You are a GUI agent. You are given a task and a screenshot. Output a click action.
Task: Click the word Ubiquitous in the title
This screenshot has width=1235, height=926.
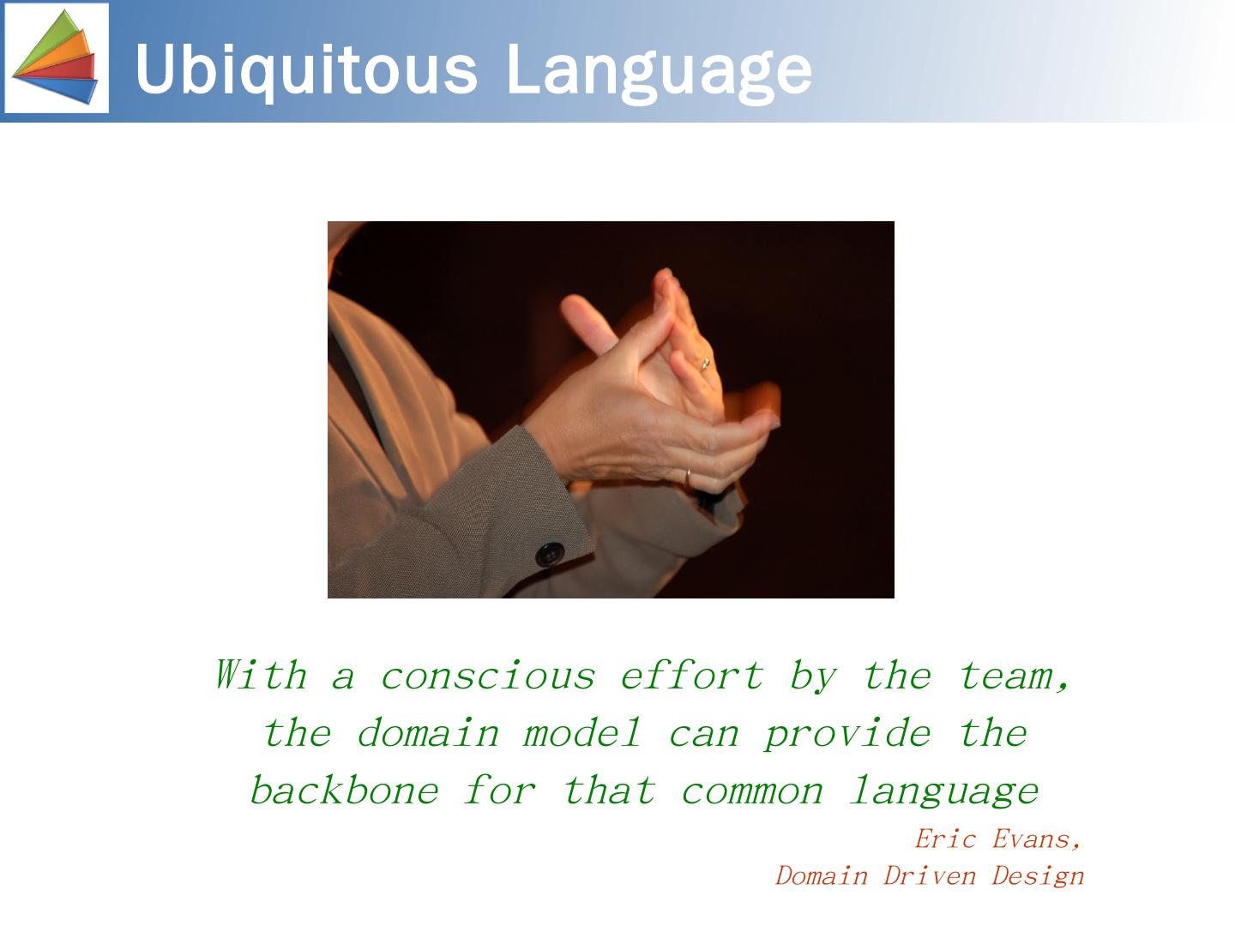[x=307, y=69]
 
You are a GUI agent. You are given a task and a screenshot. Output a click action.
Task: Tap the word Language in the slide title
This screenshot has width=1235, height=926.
[x=659, y=73]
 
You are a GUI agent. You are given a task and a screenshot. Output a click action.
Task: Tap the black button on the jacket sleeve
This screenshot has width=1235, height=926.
[x=550, y=554]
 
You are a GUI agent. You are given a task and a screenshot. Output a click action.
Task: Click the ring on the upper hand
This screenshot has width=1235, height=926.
[x=704, y=364]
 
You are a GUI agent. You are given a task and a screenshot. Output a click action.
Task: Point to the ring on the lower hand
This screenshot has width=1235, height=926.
[x=687, y=478]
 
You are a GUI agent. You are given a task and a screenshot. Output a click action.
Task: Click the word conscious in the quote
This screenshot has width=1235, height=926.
[x=488, y=676]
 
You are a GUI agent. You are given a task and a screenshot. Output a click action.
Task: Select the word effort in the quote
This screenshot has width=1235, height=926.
[x=691, y=676]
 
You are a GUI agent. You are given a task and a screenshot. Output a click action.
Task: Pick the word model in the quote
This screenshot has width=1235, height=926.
[x=581, y=734]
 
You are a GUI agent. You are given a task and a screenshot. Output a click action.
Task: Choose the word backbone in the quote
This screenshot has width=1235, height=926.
[x=344, y=790]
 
